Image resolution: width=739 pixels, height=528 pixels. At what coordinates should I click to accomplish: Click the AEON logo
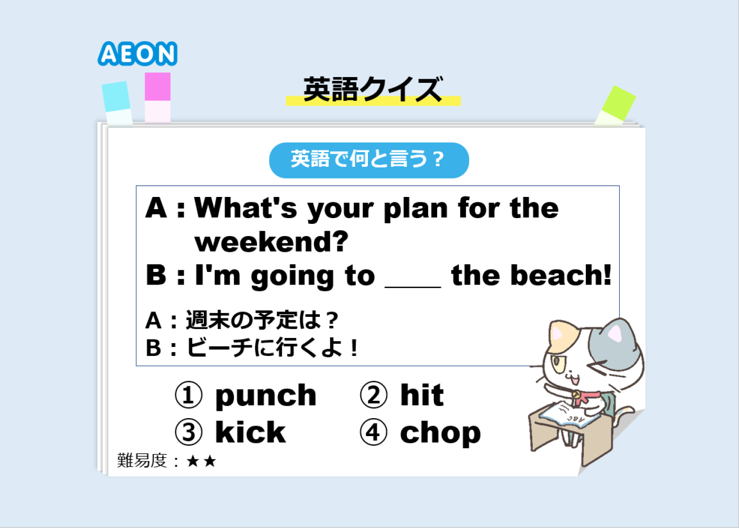[x=138, y=53]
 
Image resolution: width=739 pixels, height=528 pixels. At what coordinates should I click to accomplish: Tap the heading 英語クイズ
[x=373, y=89]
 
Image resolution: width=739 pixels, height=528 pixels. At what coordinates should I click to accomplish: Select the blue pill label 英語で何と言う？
[x=369, y=161]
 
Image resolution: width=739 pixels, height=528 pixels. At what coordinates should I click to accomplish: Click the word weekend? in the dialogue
[x=271, y=242]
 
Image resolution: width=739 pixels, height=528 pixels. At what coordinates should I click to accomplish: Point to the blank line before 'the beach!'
[x=413, y=287]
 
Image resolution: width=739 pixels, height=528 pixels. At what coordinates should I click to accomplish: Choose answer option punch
[x=266, y=395]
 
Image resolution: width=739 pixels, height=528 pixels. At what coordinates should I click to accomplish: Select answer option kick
[x=250, y=432]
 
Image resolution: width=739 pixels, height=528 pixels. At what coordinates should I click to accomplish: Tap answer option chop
[x=440, y=433]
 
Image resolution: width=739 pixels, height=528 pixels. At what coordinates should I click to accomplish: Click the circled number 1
[x=188, y=395]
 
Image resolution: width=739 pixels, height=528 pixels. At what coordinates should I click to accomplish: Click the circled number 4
[x=374, y=432]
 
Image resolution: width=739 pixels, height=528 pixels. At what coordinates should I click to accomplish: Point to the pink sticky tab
[x=158, y=97]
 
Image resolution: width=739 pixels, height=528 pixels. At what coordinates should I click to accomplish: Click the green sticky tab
[x=615, y=106]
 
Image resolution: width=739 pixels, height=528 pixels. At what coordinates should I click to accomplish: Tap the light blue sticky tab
[x=117, y=103]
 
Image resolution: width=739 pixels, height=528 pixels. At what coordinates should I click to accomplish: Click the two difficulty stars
[x=201, y=461]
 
